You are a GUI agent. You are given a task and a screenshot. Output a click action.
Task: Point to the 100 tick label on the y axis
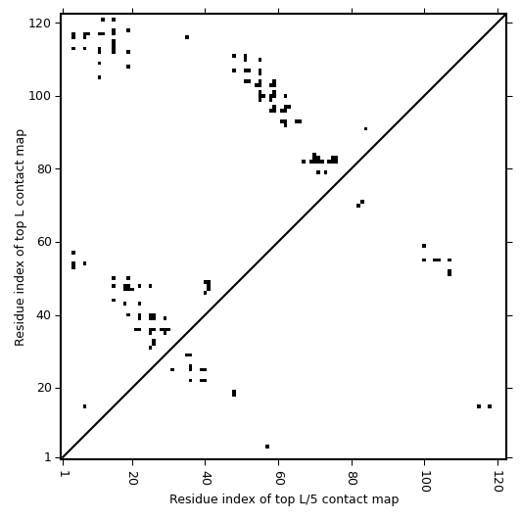39,96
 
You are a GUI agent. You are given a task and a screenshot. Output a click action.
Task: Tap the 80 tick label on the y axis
44,169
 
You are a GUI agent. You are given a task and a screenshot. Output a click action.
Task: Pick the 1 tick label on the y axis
48,457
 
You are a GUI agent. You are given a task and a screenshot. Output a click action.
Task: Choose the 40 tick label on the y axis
44,315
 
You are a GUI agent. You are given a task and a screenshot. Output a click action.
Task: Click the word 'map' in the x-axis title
388,499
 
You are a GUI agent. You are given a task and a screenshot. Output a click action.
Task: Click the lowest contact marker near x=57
267,447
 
